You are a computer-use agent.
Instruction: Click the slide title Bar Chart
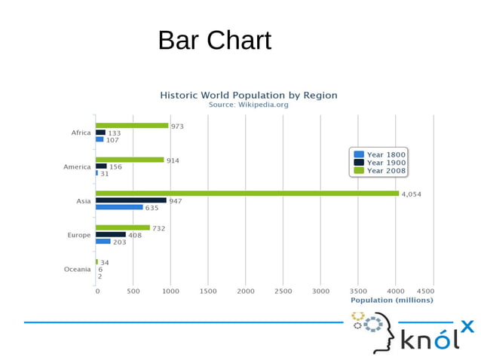(x=214, y=40)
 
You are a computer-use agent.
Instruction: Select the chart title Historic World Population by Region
(x=248, y=96)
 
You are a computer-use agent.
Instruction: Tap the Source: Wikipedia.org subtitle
(x=248, y=105)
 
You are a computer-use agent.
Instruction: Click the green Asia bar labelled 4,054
(x=247, y=194)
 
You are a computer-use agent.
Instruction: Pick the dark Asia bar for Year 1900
(x=130, y=200)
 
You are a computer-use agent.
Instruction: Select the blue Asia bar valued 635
(x=119, y=207)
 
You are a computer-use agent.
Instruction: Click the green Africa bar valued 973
(x=131, y=126)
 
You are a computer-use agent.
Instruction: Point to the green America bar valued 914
(x=129, y=160)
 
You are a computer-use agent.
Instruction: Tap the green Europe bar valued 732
(x=122, y=227)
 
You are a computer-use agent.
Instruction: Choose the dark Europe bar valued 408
(x=110, y=234)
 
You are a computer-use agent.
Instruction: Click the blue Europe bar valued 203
(x=103, y=242)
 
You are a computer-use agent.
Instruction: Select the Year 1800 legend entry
(x=380, y=154)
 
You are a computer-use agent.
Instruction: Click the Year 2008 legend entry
(x=380, y=171)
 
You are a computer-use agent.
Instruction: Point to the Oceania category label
(x=78, y=270)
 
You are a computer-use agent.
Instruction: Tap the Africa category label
(x=81, y=133)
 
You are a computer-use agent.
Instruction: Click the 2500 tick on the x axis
(x=283, y=291)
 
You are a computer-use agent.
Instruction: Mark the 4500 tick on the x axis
(x=425, y=291)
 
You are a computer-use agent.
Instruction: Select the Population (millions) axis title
(x=392, y=301)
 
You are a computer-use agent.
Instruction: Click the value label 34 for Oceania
(x=105, y=262)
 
